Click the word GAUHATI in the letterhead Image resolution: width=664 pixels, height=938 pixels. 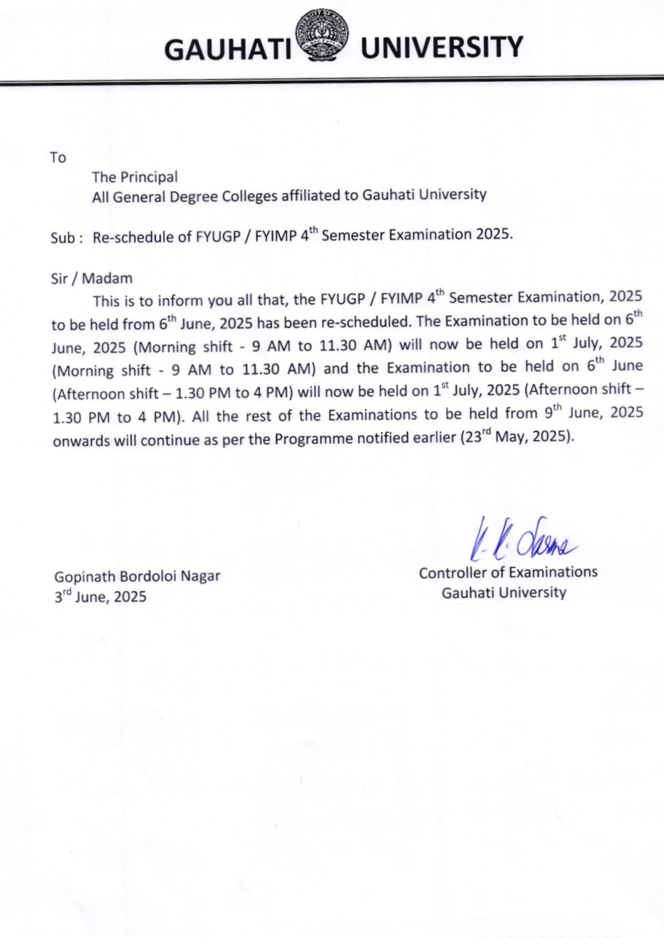pos(229,48)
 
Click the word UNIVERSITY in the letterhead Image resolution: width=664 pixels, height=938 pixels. pos(442,48)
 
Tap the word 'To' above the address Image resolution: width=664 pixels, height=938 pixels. pos(58,158)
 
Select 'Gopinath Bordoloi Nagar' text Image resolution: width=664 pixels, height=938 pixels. pos(138,577)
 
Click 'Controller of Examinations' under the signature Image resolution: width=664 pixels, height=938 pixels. pos(508,572)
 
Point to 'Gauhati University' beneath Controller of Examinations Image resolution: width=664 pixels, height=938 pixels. pos(504,592)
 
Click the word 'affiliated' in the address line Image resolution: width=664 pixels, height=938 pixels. pos(311,195)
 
